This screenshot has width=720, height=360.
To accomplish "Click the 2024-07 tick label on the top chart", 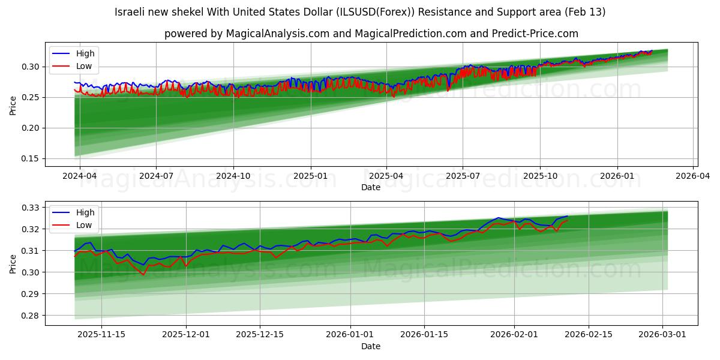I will [x=156, y=176].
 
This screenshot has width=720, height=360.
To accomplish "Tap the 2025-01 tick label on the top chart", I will [x=310, y=176].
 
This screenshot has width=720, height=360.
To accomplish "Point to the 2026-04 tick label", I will [x=694, y=176].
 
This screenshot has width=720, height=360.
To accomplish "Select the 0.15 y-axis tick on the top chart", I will [x=31, y=159].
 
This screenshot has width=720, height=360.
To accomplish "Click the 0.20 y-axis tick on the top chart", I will [x=31, y=128].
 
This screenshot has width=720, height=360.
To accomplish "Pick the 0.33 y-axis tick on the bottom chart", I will [x=31, y=208].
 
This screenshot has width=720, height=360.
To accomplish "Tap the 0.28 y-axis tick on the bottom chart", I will [x=31, y=316].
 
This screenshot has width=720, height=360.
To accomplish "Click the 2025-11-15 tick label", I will [x=101, y=334].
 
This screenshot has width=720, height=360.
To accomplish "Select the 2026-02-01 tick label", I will [x=514, y=334].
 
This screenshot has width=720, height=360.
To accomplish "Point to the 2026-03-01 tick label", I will [x=662, y=334].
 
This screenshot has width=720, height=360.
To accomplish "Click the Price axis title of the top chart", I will [x=13, y=104].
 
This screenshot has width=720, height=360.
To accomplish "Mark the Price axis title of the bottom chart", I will [x=13, y=263].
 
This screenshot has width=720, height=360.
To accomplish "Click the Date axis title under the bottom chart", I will [x=370, y=346].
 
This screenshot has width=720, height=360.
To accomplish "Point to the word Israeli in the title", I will [x=130, y=12].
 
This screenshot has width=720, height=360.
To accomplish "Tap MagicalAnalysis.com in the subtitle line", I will [x=277, y=34].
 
